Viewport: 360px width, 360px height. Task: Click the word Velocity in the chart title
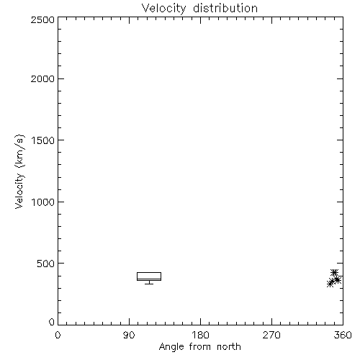163,9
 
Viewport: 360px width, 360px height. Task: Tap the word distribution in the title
225,8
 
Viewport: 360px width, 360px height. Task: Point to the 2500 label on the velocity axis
42,19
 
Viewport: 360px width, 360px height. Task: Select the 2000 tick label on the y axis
42,78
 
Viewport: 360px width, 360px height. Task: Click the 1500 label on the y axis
43,140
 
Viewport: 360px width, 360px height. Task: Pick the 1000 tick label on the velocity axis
43,202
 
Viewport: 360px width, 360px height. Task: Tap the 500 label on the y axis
46,264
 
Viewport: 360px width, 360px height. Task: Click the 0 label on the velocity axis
52,322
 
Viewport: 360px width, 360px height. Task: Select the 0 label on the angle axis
58,335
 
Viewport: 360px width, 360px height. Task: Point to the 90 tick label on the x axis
129,335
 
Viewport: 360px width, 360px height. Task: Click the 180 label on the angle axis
200,335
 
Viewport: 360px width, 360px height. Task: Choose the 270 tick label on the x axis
271,335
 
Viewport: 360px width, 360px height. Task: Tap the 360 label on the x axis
343,335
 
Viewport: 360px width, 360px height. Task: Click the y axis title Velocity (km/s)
19,171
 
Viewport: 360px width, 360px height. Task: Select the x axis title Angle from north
200,347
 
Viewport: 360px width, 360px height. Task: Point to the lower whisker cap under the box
149,284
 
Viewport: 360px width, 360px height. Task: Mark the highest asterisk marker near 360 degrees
334,273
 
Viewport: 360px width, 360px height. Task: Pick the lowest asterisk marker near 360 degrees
330,284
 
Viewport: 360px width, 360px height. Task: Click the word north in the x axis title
229,347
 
